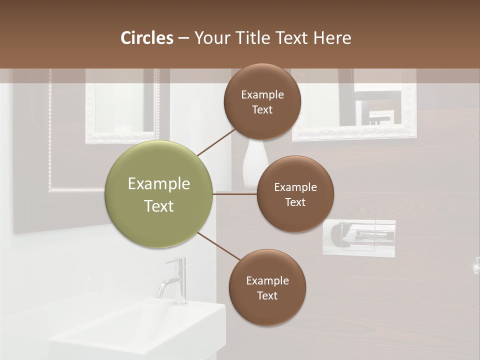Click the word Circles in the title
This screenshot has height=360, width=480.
(147, 38)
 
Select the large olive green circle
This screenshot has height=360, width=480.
(159, 194)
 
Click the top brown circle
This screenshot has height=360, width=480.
(262, 101)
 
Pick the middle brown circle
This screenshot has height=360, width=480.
(295, 194)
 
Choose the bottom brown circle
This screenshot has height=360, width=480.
(267, 287)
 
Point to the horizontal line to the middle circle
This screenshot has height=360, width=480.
(235, 194)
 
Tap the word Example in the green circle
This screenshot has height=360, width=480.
(159, 184)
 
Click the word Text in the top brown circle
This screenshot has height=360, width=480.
(262, 109)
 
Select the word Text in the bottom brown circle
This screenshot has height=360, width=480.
(267, 295)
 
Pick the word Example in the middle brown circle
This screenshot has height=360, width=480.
(295, 187)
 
